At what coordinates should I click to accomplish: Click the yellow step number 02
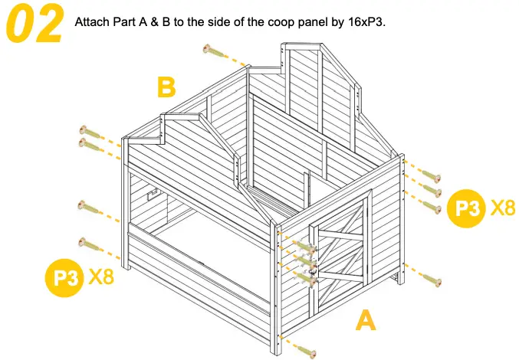click(x=35, y=24)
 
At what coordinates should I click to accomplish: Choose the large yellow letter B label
click(x=166, y=87)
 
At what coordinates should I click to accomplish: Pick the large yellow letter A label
click(x=366, y=319)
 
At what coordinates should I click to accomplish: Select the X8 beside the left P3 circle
click(x=101, y=276)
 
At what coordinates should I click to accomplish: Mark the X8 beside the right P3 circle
click(x=502, y=206)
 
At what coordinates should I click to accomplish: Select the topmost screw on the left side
click(x=90, y=132)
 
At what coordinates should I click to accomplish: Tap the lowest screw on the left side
click(x=90, y=244)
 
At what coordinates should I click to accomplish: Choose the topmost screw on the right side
click(x=431, y=177)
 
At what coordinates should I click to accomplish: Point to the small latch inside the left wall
click(x=153, y=195)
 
